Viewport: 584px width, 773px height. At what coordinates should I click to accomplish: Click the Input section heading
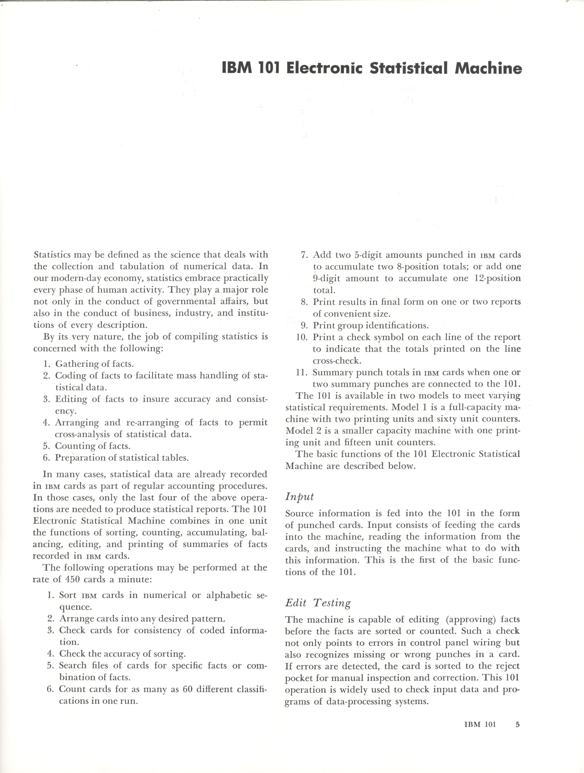click(x=299, y=497)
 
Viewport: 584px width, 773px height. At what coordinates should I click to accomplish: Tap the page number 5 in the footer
click(x=517, y=724)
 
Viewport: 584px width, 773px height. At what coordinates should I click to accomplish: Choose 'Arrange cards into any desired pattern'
click(x=142, y=618)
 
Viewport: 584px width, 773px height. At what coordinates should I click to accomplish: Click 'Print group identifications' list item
click(x=370, y=325)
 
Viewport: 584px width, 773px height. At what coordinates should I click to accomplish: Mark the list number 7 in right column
click(x=304, y=255)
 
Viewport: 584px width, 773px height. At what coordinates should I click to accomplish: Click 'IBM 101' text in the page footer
click(x=480, y=724)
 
